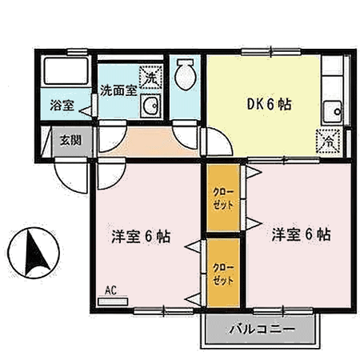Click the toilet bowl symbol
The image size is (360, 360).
186,74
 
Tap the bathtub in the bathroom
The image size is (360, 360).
66,71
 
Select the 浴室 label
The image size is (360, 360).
62,105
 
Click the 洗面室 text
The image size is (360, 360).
118,90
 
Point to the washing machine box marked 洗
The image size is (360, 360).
151,78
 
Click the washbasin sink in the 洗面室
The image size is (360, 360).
150,106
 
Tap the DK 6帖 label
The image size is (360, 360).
269,104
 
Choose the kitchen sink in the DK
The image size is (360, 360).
332,112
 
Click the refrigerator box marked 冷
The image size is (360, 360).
329,142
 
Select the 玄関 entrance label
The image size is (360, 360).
70,140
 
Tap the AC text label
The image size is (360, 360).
110,290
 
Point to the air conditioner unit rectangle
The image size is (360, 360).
113,302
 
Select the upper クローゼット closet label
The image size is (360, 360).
223,198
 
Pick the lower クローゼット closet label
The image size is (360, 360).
223,274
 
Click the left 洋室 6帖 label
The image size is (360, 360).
141,236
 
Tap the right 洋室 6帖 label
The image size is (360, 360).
302,234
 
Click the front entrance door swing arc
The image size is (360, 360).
66,182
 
